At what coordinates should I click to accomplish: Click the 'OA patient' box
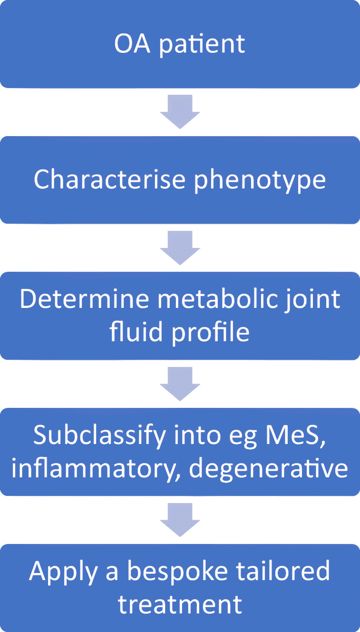click(x=180, y=44)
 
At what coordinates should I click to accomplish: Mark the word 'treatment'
click(x=180, y=603)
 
